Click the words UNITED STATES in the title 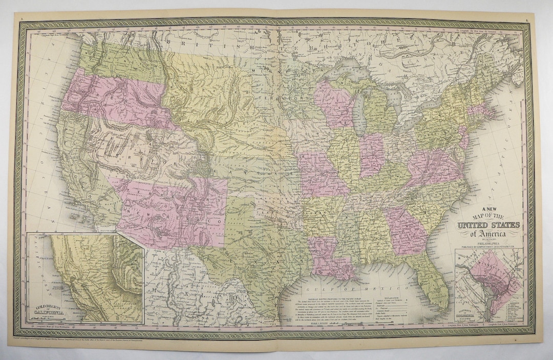490,225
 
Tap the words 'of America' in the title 490,234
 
